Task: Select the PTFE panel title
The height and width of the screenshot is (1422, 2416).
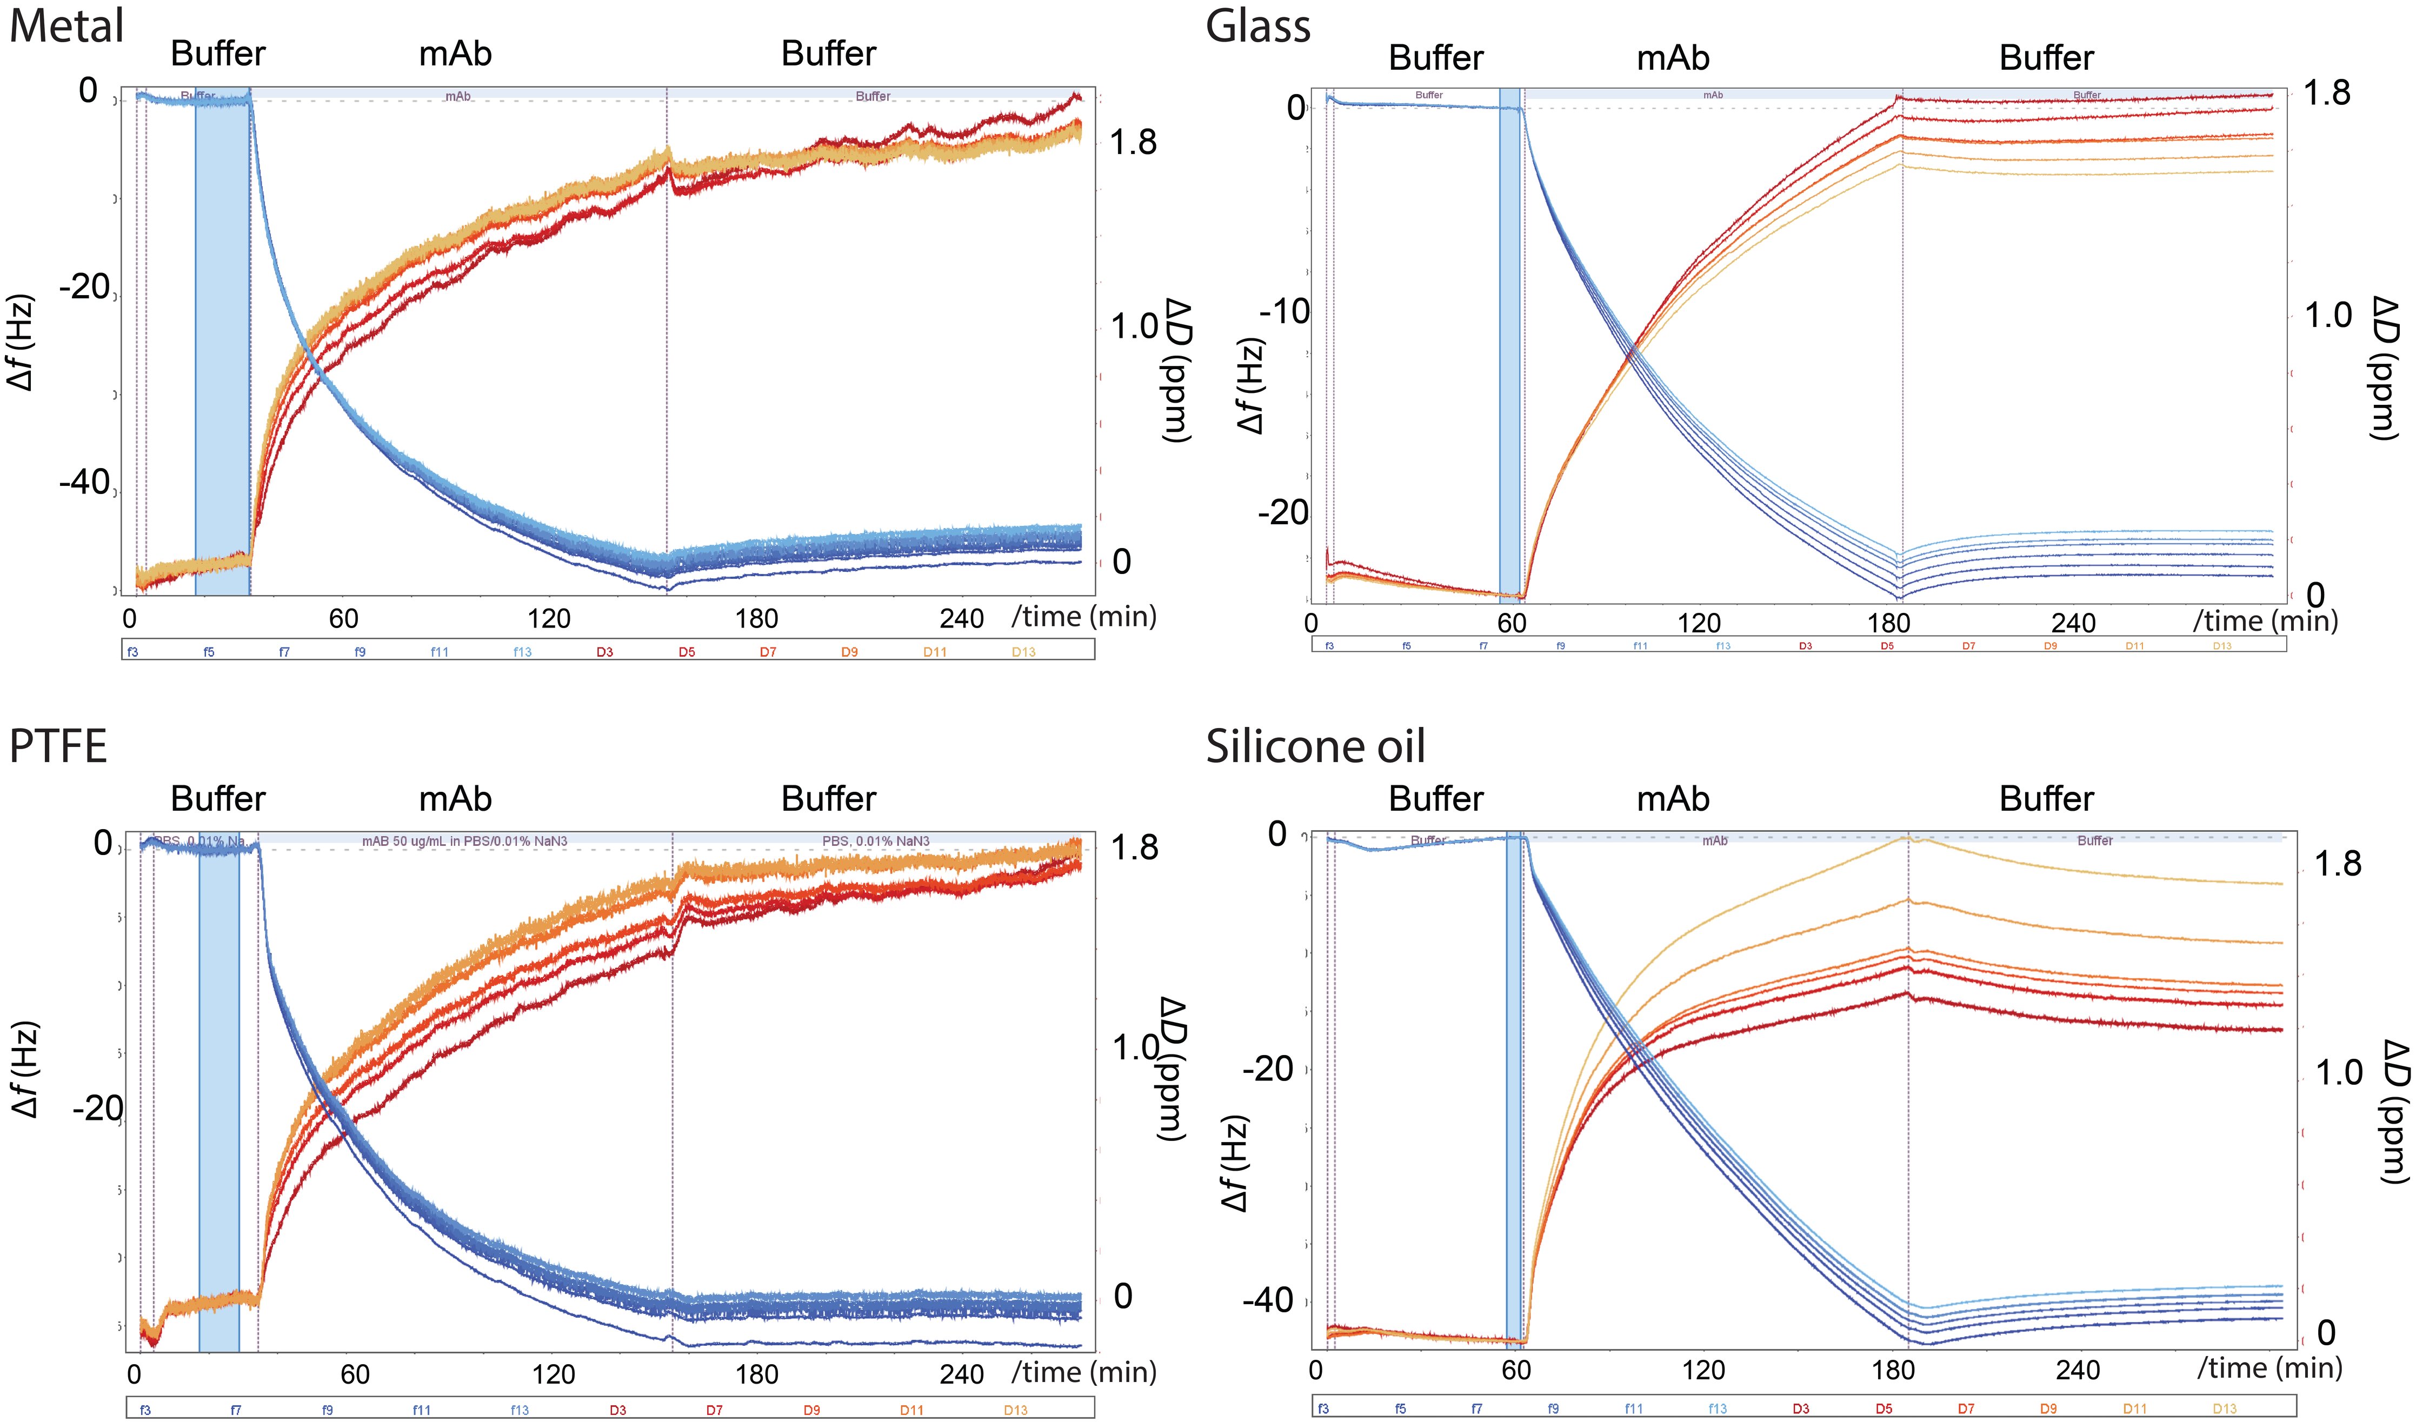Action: pos(57,746)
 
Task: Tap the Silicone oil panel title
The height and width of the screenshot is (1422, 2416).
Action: pos(1315,746)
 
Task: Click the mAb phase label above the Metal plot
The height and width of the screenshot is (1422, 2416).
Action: pos(455,54)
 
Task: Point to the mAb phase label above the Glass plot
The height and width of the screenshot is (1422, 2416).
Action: pos(1673,58)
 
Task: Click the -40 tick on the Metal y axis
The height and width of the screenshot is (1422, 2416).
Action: pos(84,482)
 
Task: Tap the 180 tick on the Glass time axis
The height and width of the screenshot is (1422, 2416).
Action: pos(1889,623)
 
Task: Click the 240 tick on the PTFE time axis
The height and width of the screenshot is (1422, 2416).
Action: pos(962,1373)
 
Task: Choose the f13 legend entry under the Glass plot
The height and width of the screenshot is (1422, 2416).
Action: pos(1723,646)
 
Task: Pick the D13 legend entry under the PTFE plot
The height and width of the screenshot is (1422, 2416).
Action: pos(1015,1410)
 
